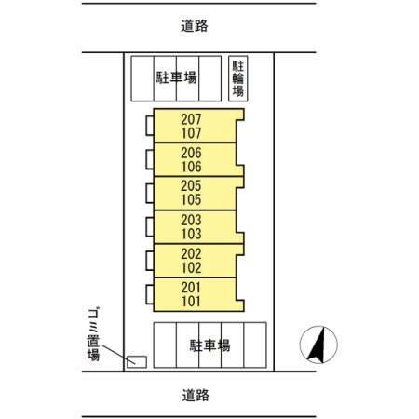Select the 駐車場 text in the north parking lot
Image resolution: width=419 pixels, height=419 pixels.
click(x=175, y=78)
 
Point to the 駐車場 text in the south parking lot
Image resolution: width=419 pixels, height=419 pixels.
click(x=209, y=345)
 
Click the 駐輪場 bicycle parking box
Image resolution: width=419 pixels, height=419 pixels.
click(x=239, y=78)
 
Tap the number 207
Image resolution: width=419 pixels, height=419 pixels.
click(x=191, y=119)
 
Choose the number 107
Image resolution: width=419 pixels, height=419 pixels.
click(x=191, y=133)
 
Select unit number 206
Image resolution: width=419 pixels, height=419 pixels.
click(x=191, y=153)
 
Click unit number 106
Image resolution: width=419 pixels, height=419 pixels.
click(x=191, y=167)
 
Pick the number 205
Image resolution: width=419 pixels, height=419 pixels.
click(x=191, y=186)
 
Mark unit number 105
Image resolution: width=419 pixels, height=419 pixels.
click(x=191, y=200)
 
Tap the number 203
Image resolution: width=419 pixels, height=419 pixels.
click(x=191, y=220)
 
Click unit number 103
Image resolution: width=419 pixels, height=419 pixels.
click(x=191, y=234)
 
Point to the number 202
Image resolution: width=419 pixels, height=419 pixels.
click(x=191, y=253)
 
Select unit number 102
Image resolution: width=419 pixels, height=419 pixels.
click(x=191, y=267)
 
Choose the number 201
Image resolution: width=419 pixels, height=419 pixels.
click(x=191, y=287)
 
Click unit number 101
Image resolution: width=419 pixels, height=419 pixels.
click(x=191, y=301)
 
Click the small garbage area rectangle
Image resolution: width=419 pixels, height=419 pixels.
click(x=137, y=360)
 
